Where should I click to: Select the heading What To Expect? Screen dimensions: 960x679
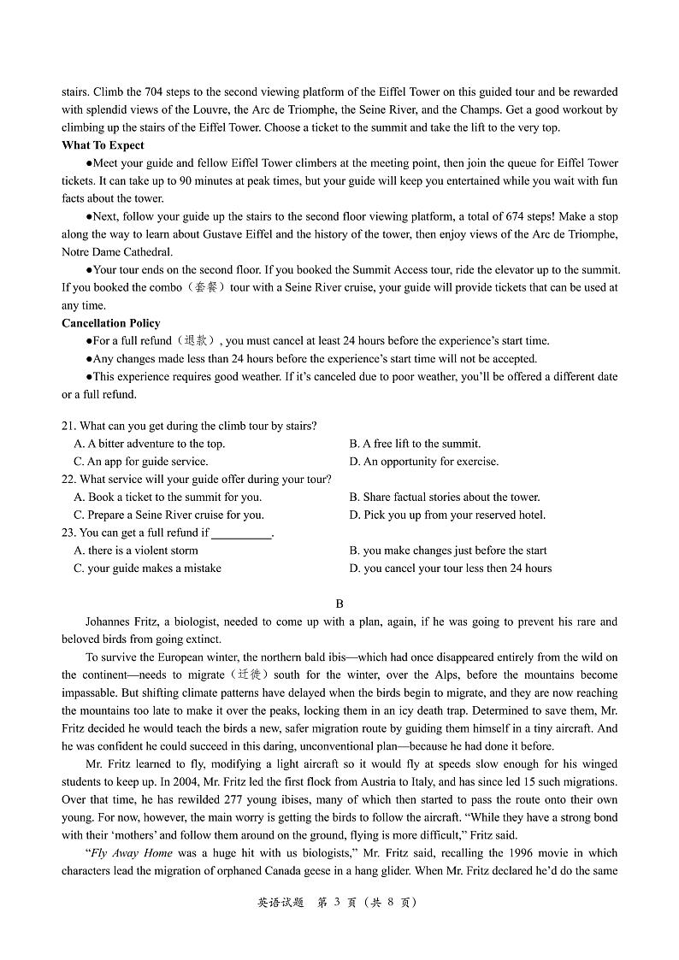point(103,145)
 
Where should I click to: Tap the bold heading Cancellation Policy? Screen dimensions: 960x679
point(110,323)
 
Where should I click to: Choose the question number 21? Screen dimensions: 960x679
point(68,426)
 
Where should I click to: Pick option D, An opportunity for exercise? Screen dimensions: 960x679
point(423,462)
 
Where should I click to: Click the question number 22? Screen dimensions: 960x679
point(68,480)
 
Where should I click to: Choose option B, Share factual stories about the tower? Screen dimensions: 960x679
point(444,497)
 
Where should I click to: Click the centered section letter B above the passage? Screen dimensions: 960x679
point(339,604)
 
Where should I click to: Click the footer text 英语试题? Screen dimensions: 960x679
point(279,902)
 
